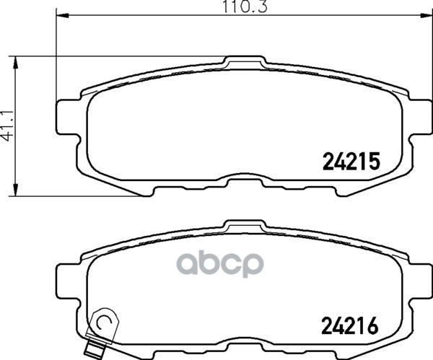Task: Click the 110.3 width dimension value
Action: pyautogui.click(x=245, y=6)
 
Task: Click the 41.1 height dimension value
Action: pyautogui.click(x=7, y=126)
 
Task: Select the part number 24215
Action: pyautogui.click(x=351, y=161)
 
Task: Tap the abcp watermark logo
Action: pyautogui.click(x=220, y=263)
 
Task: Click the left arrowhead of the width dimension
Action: pyautogui.click(x=62, y=15)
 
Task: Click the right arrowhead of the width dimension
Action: pyautogui.click(x=426, y=15)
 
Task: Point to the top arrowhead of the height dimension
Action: pyautogui.click(x=16, y=63)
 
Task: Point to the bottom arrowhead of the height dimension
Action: pyautogui.click(x=16, y=190)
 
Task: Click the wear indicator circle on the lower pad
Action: pyautogui.click(x=105, y=321)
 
